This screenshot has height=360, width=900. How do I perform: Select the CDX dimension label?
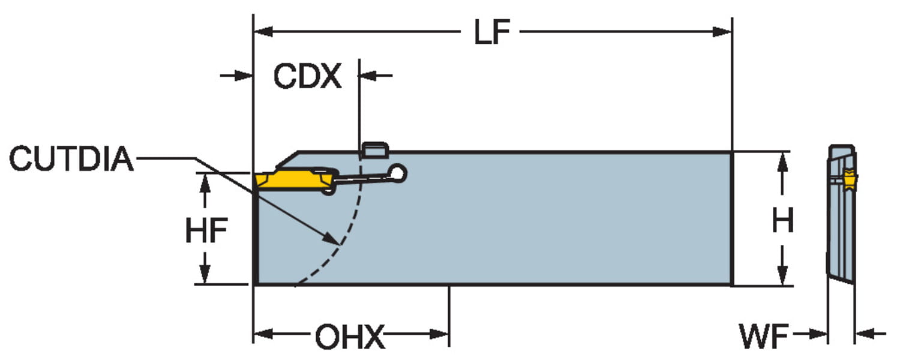click(307, 76)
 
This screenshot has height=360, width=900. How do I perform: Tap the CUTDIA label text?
click(71, 159)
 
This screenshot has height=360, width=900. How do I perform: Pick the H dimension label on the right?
click(782, 221)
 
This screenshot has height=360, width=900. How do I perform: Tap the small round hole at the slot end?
click(398, 173)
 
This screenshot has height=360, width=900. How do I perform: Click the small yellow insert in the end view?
click(850, 179)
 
